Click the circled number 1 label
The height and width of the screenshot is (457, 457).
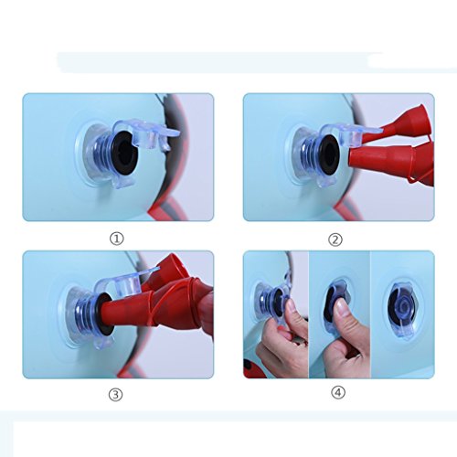[x=117, y=239]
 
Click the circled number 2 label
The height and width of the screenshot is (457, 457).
[x=335, y=239]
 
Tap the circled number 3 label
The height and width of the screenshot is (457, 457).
[x=116, y=395]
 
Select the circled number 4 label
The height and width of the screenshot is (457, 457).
[x=338, y=393]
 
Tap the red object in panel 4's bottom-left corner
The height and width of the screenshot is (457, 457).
[x=253, y=368]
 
